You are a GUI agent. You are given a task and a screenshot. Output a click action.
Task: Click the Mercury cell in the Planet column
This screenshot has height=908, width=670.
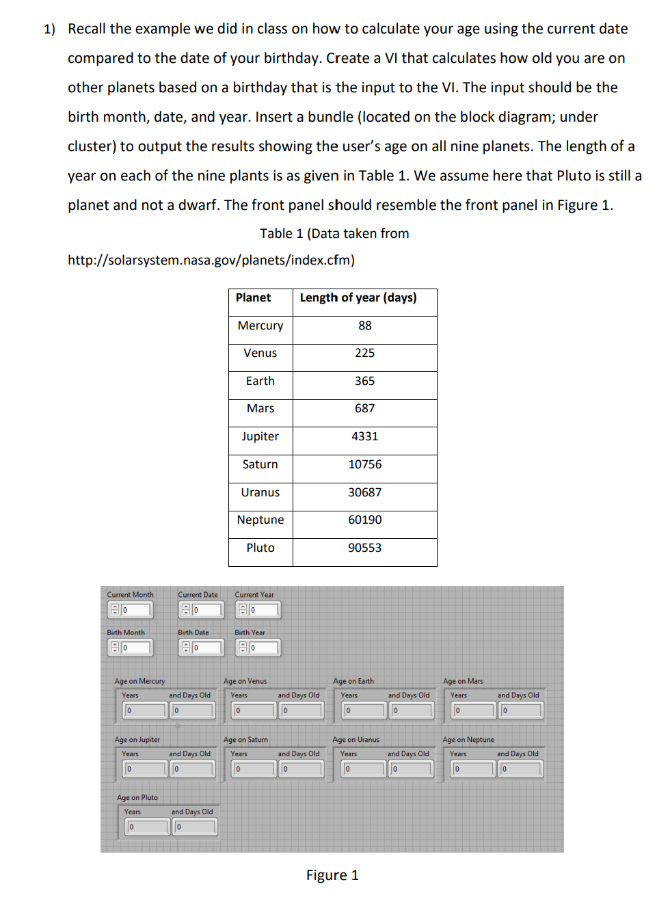coord(260,326)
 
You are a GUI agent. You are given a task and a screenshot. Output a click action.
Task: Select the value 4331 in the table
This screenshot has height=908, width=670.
coord(364,437)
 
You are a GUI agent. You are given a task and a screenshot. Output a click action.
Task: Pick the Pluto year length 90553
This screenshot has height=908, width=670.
coord(364,548)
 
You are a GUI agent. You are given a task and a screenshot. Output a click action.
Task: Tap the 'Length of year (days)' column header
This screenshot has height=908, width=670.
coord(358,298)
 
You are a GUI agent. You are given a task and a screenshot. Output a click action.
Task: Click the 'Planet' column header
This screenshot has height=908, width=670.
coord(253,298)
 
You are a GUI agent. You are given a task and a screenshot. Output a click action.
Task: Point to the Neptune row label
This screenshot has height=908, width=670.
coord(260,520)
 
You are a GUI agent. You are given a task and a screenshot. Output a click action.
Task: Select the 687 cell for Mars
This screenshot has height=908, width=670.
coord(364,409)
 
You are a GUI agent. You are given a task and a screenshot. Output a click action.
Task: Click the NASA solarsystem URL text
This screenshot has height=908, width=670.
coord(211,261)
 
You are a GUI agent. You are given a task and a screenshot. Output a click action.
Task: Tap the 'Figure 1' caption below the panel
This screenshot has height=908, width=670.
coord(332,876)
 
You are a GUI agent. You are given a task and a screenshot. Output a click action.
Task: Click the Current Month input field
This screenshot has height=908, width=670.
coord(135,610)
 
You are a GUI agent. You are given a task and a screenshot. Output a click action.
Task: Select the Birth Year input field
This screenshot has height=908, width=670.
coord(264,647)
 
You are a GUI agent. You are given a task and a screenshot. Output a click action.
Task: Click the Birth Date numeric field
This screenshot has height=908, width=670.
coord(207,647)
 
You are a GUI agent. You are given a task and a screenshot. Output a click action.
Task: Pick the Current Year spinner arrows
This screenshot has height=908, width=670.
coord(241,610)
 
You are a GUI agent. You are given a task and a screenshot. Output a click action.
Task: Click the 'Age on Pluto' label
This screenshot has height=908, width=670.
coord(137,798)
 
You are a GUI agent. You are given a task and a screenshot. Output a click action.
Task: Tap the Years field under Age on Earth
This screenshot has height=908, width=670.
coord(364,710)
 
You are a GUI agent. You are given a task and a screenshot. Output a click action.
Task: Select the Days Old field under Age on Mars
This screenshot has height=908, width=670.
coord(521,710)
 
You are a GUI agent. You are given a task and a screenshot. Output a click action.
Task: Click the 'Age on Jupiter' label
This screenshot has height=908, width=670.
coord(137,740)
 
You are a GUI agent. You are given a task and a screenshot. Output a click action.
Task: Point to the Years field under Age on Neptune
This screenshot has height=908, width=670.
coord(473,769)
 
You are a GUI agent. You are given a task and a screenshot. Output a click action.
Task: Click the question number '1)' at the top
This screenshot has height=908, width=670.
coord(49,29)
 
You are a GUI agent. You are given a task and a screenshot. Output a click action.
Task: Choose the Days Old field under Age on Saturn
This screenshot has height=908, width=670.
coord(301,769)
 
